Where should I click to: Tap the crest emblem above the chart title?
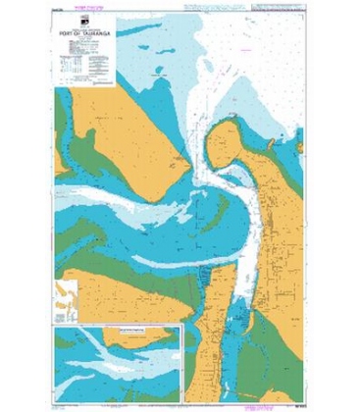point(85,22)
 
